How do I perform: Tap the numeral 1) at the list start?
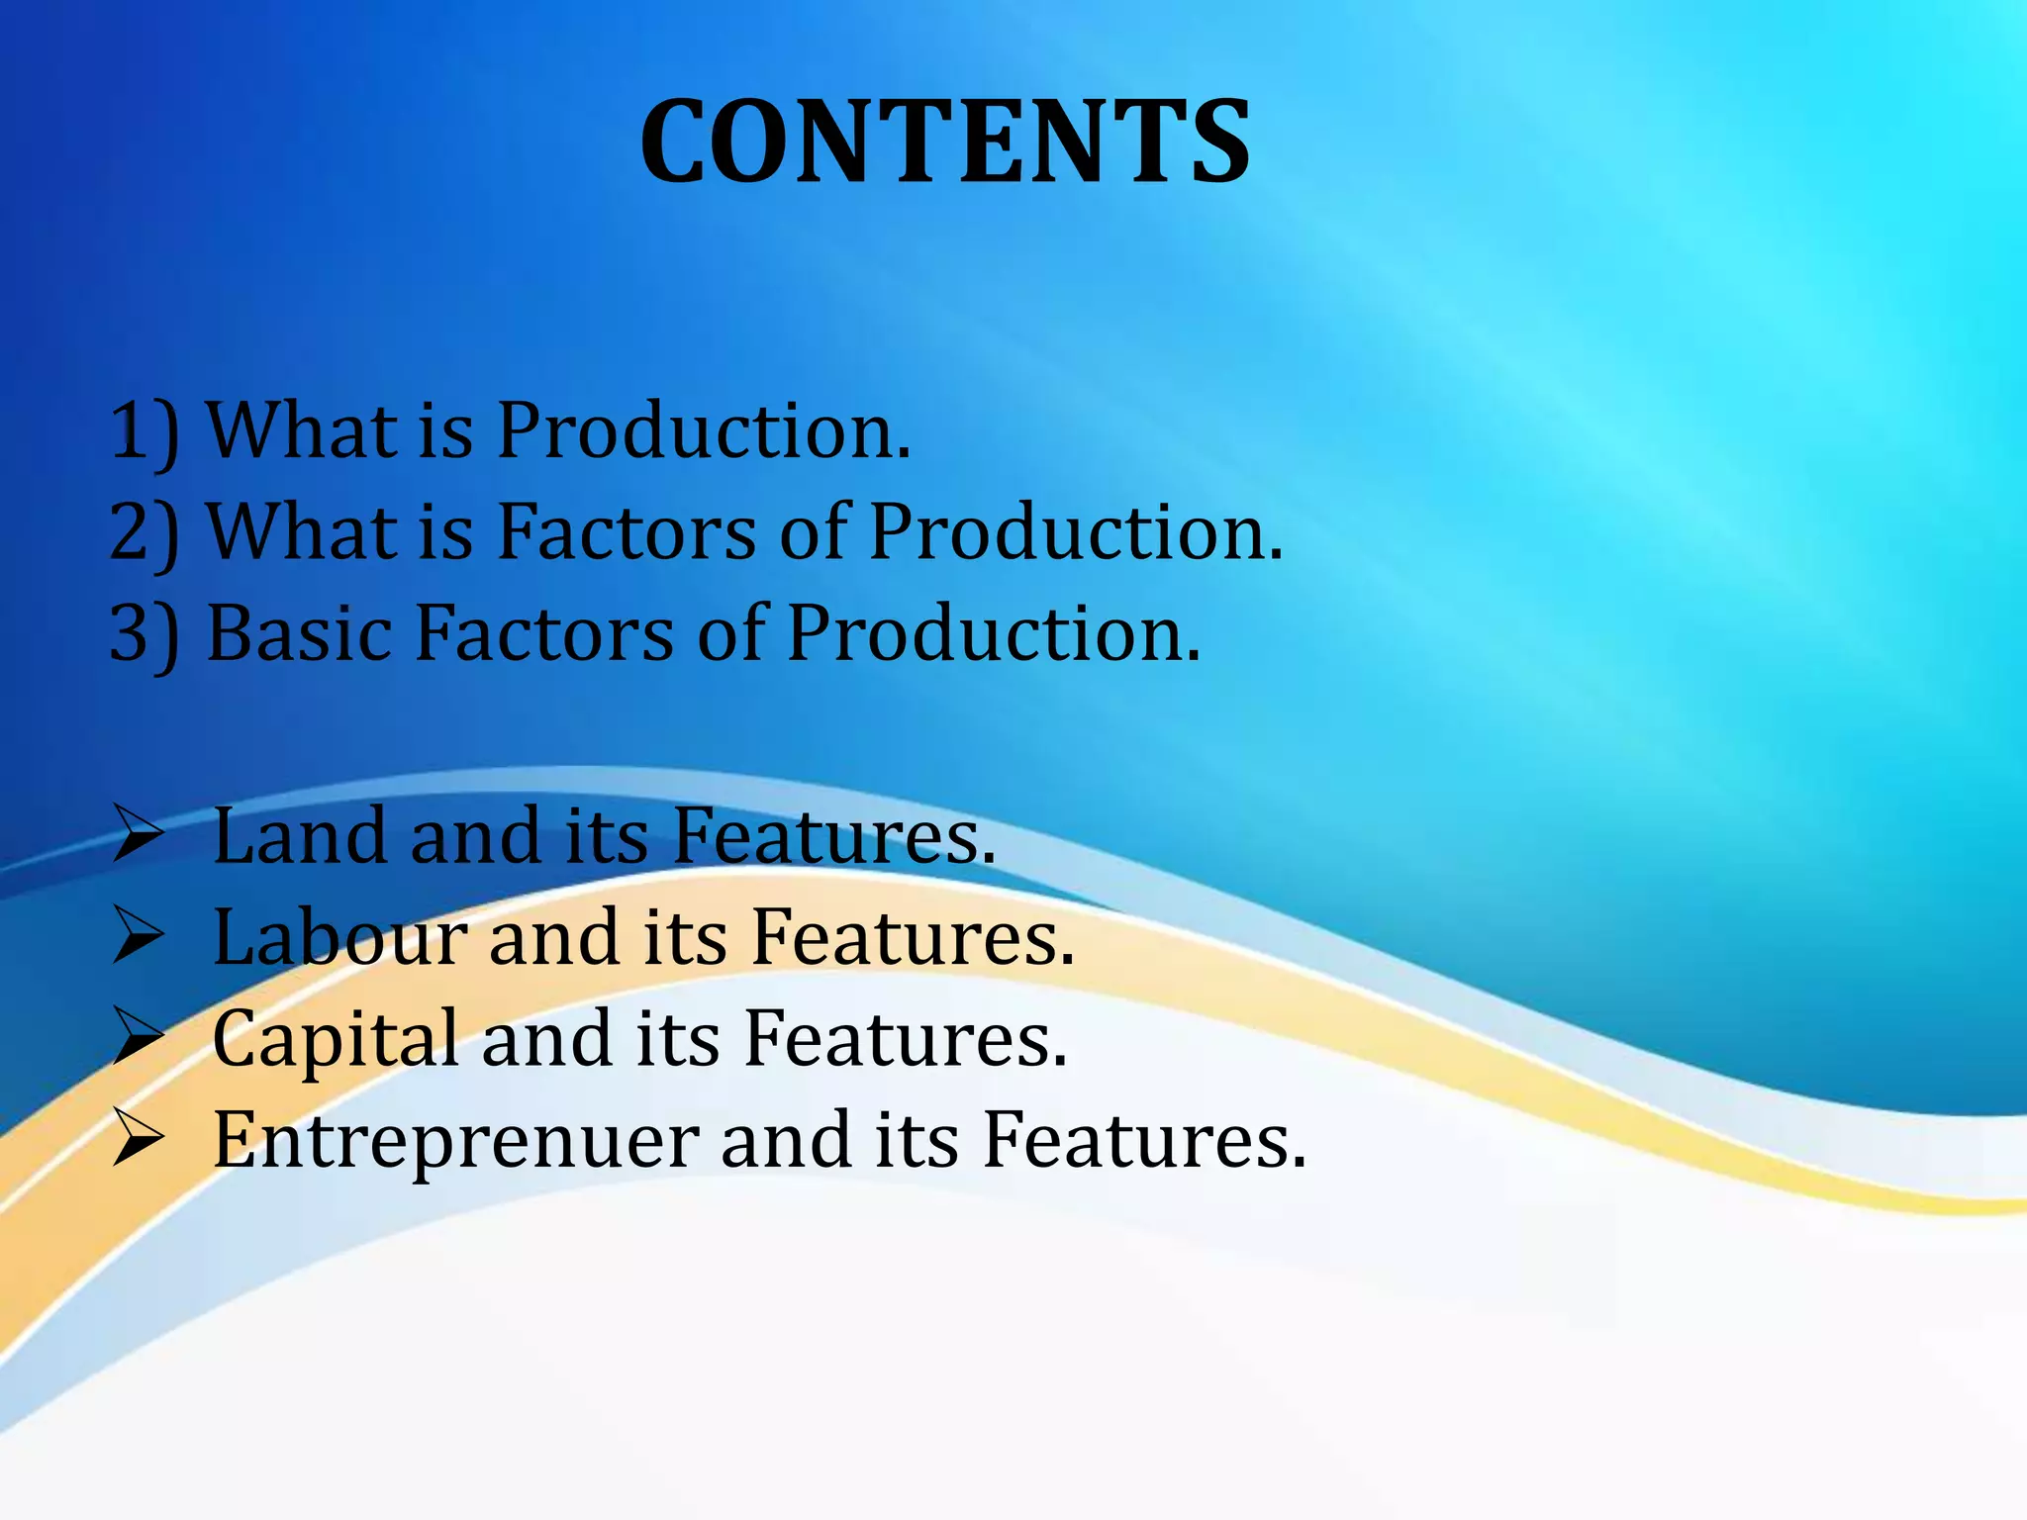coord(145,432)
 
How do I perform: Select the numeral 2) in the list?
coord(145,533)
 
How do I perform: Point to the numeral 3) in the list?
coord(145,634)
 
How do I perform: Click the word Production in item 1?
coord(702,432)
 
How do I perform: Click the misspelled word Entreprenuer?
coord(456,1141)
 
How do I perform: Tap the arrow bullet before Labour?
coord(138,936)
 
